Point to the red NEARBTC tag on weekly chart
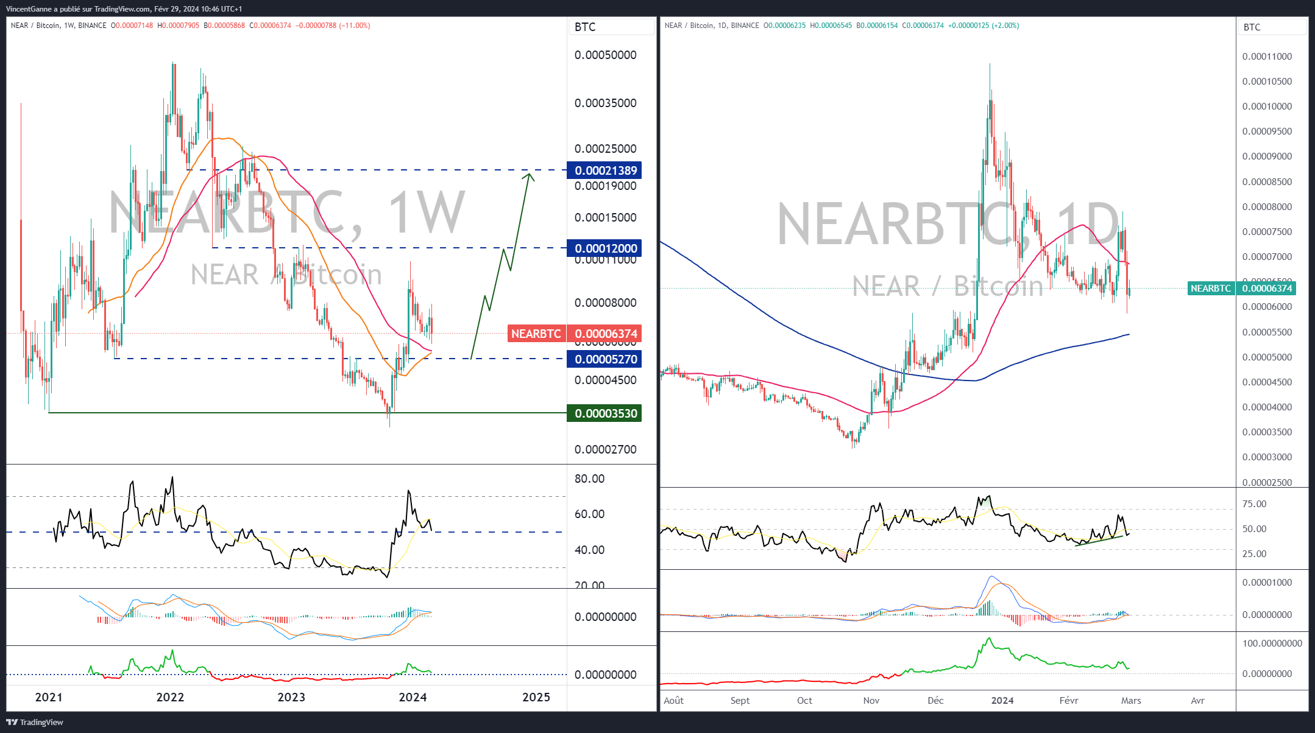536,334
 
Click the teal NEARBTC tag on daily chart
1211,289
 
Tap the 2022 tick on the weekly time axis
170,697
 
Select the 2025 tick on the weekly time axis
536,697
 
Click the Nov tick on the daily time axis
871,701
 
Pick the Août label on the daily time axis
674,701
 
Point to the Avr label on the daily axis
1198,701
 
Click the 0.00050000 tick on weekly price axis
606,55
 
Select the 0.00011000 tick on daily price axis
1267,57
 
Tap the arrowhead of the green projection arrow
530,176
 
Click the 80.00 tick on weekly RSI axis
590,479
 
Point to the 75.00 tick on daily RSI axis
1255,504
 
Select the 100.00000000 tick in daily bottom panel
1272,644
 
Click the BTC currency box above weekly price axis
611,27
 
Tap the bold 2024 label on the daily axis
1002,701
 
